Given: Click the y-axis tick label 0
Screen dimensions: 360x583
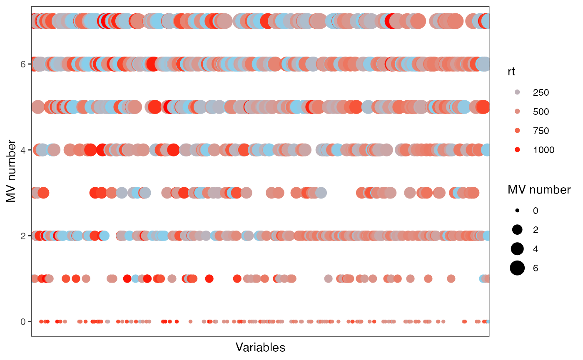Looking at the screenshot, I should tap(24, 322).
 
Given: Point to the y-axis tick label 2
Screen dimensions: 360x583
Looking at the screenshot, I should tap(24, 236).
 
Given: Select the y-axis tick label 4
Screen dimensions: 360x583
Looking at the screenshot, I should tap(24, 150).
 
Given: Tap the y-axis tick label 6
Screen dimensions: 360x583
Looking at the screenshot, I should tap(24, 64).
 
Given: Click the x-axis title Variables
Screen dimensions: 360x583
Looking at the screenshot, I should tap(260, 348).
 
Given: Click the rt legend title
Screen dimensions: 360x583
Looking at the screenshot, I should tap(512, 72).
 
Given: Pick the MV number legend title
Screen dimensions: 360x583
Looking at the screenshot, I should tap(539, 190).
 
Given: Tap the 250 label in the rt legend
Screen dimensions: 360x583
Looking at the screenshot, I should tap(541, 93).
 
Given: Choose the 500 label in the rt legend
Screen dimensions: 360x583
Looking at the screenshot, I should tap(541, 112).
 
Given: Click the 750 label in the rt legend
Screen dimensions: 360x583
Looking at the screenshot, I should tap(541, 131).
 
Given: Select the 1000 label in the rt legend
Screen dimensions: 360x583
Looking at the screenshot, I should tap(543, 150).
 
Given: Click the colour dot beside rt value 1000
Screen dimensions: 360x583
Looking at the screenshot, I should tap(517, 150).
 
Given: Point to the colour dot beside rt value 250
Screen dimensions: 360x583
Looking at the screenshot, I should tap(517, 92).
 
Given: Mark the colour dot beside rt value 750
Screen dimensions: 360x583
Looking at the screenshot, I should tap(517, 131).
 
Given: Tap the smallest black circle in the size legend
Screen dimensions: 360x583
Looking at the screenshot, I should tap(517, 211).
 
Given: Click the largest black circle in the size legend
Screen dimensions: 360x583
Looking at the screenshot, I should tap(517, 268).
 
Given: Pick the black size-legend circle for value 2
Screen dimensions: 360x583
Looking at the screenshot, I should tap(517, 230).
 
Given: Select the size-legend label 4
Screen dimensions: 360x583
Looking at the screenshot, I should tap(536, 249).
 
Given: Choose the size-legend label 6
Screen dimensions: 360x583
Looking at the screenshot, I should tap(536, 268).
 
